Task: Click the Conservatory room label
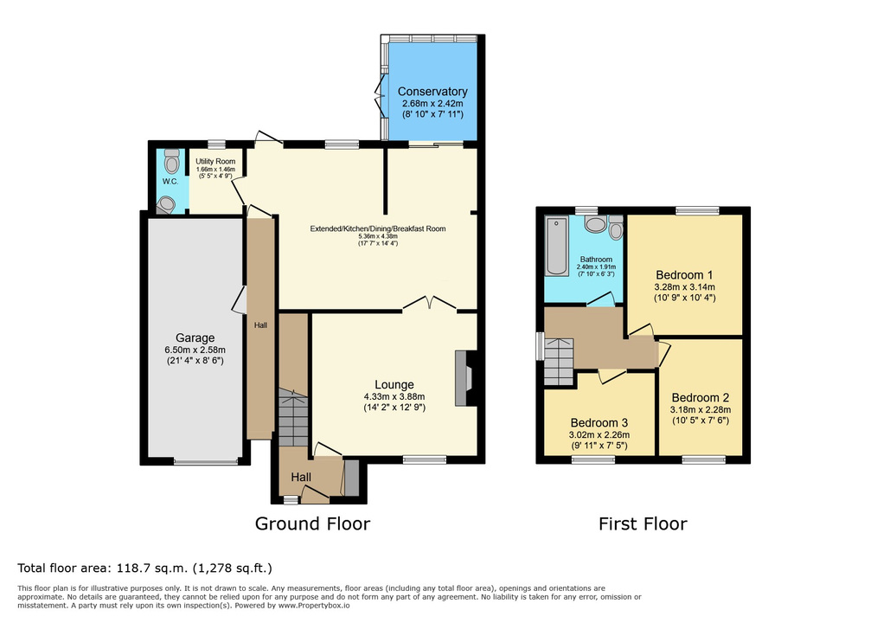pyautogui.click(x=432, y=92)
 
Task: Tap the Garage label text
pyautogui.click(x=195, y=338)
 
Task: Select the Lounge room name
pyautogui.click(x=394, y=384)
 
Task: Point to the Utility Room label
pyautogui.click(x=215, y=161)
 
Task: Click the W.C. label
pyautogui.click(x=170, y=182)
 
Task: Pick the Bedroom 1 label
pyautogui.click(x=684, y=275)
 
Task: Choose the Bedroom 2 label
pyautogui.click(x=701, y=397)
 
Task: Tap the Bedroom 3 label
pyautogui.click(x=599, y=422)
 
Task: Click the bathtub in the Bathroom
pyautogui.click(x=556, y=246)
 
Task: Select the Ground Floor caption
pyautogui.click(x=312, y=523)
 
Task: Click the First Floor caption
pyautogui.click(x=643, y=523)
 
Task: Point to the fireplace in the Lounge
pyautogui.click(x=465, y=378)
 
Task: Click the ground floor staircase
pyautogui.click(x=293, y=417)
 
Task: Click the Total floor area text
pyautogui.click(x=144, y=568)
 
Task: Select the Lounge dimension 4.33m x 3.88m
pyautogui.click(x=394, y=396)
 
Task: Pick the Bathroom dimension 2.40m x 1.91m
pyautogui.click(x=596, y=267)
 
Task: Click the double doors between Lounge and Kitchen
pyautogui.click(x=430, y=304)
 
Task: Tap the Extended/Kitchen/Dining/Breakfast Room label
pyautogui.click(x=377, y=229)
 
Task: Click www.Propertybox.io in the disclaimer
pyautogui.click(x=313, y=606)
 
